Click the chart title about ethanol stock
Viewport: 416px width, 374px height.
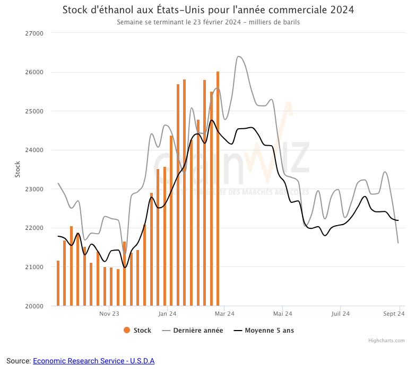coord(208,10)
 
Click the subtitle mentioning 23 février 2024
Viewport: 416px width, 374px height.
coord(208,22)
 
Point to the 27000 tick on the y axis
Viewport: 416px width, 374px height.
coord(34,33)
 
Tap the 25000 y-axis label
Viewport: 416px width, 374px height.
coord(34,111)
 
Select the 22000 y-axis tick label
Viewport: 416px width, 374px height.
coord(34,228)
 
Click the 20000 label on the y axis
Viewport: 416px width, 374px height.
coord(34,306)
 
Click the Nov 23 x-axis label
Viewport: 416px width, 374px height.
coord(109,314)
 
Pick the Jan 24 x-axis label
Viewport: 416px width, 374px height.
coord(167,314)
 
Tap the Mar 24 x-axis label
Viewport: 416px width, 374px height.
coord(224,314)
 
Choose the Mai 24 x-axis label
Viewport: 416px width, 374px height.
coord(282,314)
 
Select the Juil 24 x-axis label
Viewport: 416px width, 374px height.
coord(340,314)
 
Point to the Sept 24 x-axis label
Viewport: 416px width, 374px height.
coord(394,314)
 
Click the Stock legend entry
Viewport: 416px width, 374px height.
coord(137,331)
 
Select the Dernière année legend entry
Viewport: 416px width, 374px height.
coord(193,331)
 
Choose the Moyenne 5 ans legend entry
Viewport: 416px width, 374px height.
coord(264,331)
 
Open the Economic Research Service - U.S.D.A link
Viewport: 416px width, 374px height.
coord(93,361)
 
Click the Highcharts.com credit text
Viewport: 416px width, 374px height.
coord(386,341)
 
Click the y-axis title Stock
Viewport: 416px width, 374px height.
coord(17,169)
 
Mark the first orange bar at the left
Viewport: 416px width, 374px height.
coord(58,283)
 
